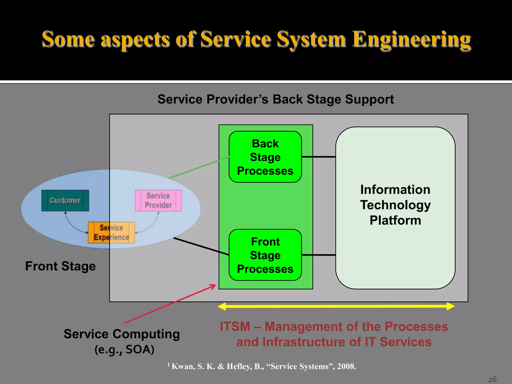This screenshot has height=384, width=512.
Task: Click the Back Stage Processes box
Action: pyautogui.click(x=265, y=157)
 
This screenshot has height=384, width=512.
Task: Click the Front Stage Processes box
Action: pyautogui.click(x=265, y=255)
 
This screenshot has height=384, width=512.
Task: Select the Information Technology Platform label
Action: pyautogui.click(x=395, y=205)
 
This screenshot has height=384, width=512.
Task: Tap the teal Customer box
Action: pyautogui.click(x=65, y=200)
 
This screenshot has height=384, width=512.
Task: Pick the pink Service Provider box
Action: pyautogui.click(x=158, y=200)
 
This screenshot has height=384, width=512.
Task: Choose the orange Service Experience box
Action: pyautogui.click(x=111, y=232)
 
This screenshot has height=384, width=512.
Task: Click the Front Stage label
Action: pyautogui.click(x=60, y=266)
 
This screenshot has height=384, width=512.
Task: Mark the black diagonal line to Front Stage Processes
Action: pyautogui.click(x=201, y=246)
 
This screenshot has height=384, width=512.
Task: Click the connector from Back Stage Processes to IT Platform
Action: pyautogui.click(x=319, y=157)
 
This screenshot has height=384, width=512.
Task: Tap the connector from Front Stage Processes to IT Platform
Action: pyautogui.click(x=319, y=255)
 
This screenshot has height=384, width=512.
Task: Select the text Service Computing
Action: pyautogui.click(x=122, y=334)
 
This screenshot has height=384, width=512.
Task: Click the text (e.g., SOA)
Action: pyautogui.click(x=124, y=349)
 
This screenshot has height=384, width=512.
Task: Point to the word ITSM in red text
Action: pyautogui.click(x=235, y=326)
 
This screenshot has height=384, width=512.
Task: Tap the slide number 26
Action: pyautogui.click(x=492, y=379)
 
